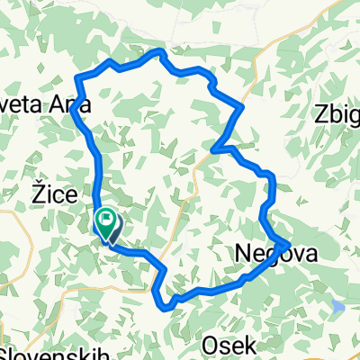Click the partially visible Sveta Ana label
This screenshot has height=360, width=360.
(45, 105)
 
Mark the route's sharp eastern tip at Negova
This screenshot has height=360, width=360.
(287, 243)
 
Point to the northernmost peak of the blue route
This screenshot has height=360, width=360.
(161, 52)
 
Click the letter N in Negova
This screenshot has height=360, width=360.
(243, 255)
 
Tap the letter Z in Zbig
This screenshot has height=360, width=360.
(319, 114)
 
